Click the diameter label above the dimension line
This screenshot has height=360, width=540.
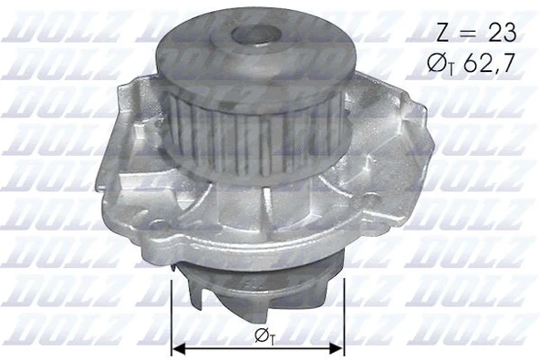click(x=261, y=337)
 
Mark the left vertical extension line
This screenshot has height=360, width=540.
click(x=172, y=314)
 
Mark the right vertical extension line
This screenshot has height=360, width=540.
click(x=345, y=314)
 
